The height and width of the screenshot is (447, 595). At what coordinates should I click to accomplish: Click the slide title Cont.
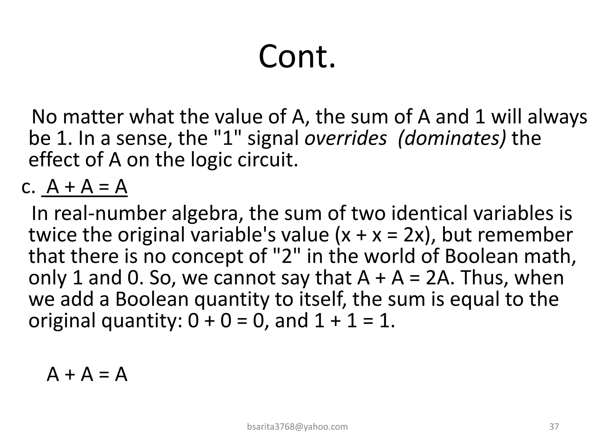pos(297,56)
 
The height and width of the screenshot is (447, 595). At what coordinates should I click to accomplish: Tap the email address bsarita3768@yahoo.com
pos(297,427)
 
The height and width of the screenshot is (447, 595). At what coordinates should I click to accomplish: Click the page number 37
pos(554,427)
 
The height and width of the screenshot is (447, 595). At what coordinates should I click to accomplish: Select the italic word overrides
pos(346,138)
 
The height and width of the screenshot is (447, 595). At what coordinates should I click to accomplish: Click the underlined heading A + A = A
pos(87,187)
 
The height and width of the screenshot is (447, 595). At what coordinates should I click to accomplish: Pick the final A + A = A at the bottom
pos(87,374)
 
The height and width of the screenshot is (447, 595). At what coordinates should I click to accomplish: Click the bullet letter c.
pos(28,187)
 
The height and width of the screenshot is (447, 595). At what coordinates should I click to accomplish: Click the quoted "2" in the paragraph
pos(286,256)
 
